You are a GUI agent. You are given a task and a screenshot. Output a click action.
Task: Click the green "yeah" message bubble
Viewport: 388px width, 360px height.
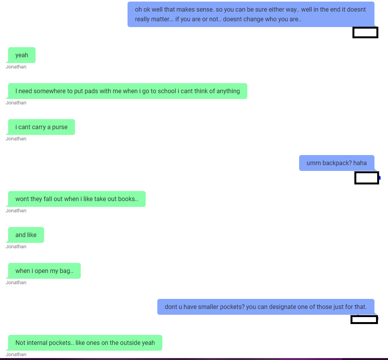[x=22, y=55]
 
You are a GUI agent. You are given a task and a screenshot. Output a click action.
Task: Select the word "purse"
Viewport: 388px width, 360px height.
[x=60, y=127]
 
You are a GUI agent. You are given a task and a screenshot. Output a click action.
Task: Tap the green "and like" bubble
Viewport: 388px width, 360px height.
[x=26, y=235]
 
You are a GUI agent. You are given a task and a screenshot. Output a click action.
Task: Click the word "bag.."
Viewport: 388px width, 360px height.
[x=66, y=271]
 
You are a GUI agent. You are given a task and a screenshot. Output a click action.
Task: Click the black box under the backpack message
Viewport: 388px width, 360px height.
[x=367, y=178]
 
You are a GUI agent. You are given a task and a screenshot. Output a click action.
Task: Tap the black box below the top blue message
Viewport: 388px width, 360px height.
[x=365, y=32]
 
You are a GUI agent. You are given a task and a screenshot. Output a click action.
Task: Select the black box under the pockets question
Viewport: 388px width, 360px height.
[x=364, y=320]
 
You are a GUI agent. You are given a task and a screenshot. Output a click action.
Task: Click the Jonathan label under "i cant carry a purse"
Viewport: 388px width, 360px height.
[x=16, y=139]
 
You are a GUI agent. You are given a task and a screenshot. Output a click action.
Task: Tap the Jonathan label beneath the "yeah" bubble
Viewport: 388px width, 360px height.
[x=16, y=67]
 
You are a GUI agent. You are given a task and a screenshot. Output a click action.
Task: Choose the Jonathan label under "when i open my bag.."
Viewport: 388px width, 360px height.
[x=16, y=283]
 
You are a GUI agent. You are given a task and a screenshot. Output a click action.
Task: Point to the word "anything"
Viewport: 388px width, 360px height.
[x=228, y=91]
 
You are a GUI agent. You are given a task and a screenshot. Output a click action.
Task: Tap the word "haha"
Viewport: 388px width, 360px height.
[x=360, y=163]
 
